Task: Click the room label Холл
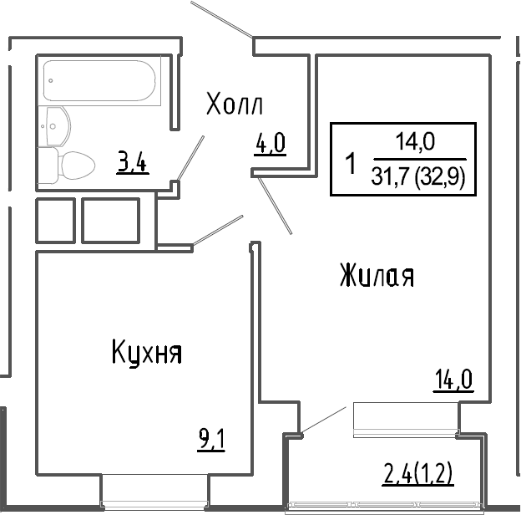pos(235,104)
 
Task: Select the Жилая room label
pos(377,275)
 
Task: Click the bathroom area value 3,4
pos(132,161)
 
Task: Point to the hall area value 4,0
pos(271,144)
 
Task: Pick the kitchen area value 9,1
pos(211,440)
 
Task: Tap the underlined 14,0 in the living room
pos(453,380)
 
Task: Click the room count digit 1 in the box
pos(351,163)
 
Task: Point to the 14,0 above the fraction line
pos(415,141)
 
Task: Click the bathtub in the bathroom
pos(99,80)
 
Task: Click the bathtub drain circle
pos(50,80)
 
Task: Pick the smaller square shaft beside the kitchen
pos(55,221)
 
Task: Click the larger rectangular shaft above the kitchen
pos(111,221)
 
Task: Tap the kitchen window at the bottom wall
pos(154,504)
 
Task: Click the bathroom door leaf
pos(190,158)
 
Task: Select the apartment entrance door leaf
pos(221,19)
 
